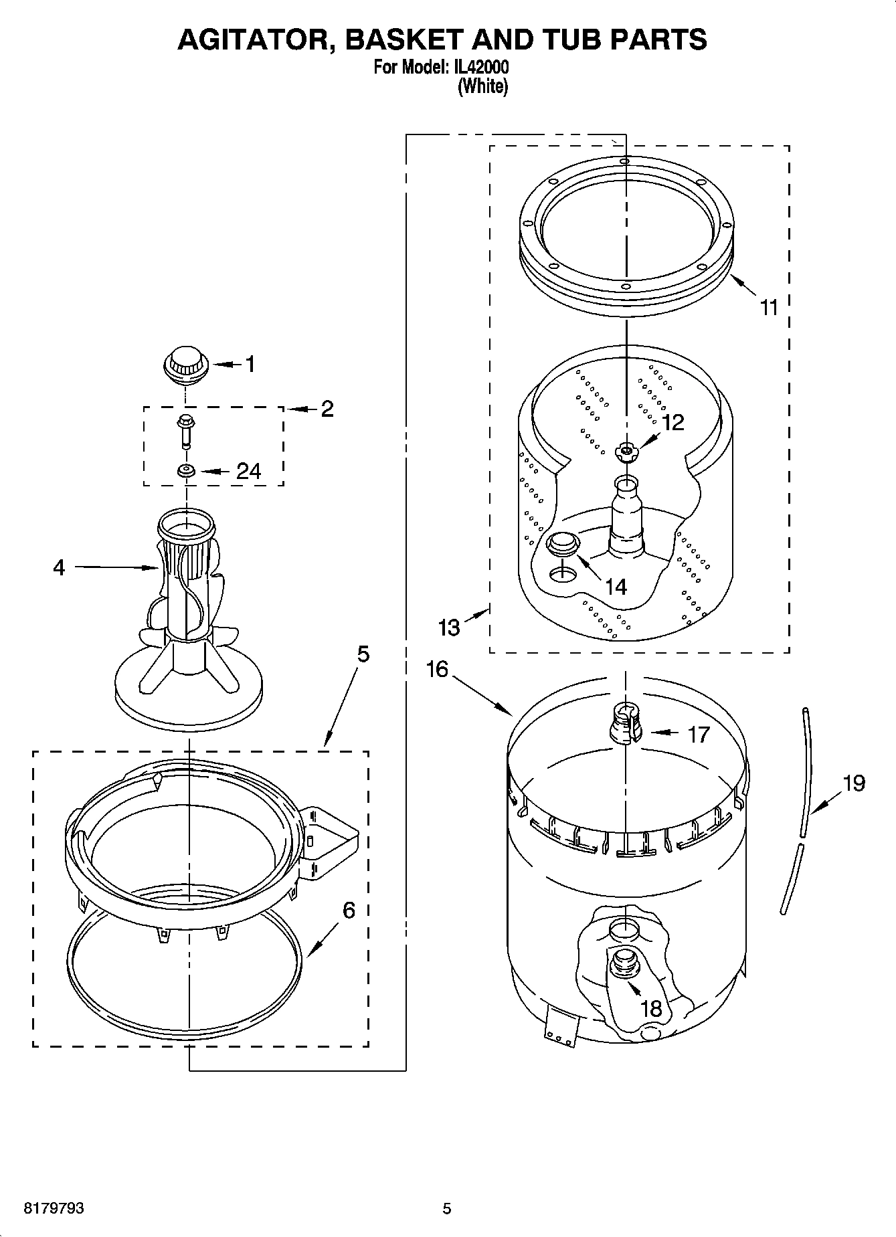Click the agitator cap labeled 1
point(186,365)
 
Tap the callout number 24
point(248,472)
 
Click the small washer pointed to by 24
point(186,471)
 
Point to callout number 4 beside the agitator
point(59,568)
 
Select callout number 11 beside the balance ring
point(770,308)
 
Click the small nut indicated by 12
point(626,452)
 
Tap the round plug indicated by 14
point(562,543)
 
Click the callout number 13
point(449,628)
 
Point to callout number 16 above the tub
point(437,669)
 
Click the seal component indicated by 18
point(625,965)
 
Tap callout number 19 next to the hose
point(854,783)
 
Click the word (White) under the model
point(482,86)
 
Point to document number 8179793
point(54,1208)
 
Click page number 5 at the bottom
point(447,1208)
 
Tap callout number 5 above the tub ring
point(362,654)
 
